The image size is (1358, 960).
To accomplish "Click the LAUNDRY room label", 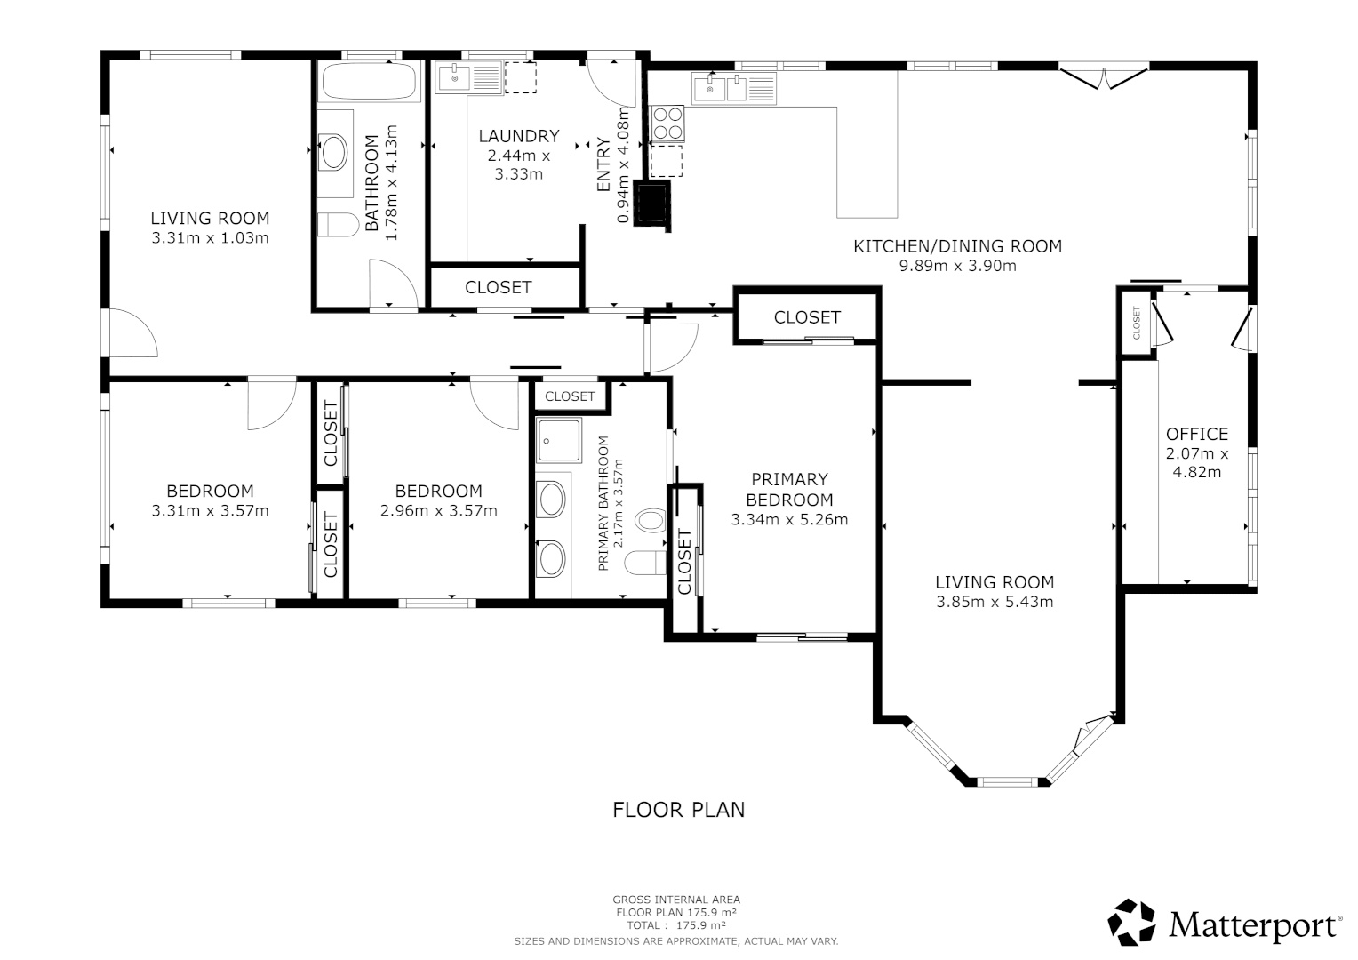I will [x=518, y=136].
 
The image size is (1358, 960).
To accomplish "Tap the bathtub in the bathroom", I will [x=370, y=82].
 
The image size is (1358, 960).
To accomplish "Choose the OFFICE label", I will [x=1196, y=434].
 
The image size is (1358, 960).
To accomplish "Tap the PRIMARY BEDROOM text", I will [x=789, y=490].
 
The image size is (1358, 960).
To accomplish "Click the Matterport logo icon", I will [x=1132, y=922].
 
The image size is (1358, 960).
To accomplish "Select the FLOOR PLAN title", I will [x=678, y=810].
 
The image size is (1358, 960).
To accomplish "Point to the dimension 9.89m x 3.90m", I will [x=957, y=266].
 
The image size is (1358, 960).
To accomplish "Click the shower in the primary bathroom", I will [x=558, y=440].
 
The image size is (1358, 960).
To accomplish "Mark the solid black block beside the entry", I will [x=652, y=204].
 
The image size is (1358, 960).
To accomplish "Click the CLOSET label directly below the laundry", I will [x=498, y=287].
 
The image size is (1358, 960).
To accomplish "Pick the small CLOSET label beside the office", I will [x=1136, y=323].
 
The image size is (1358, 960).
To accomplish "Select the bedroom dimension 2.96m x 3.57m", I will [x=438, y=511].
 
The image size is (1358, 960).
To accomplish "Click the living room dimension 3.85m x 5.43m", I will [x=994, y=602].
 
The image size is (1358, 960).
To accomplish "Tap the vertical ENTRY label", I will [x=603, y=165].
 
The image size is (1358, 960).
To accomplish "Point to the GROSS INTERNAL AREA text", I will [x=675, y=900].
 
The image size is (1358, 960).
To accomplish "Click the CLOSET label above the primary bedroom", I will [x=806, y=317].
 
